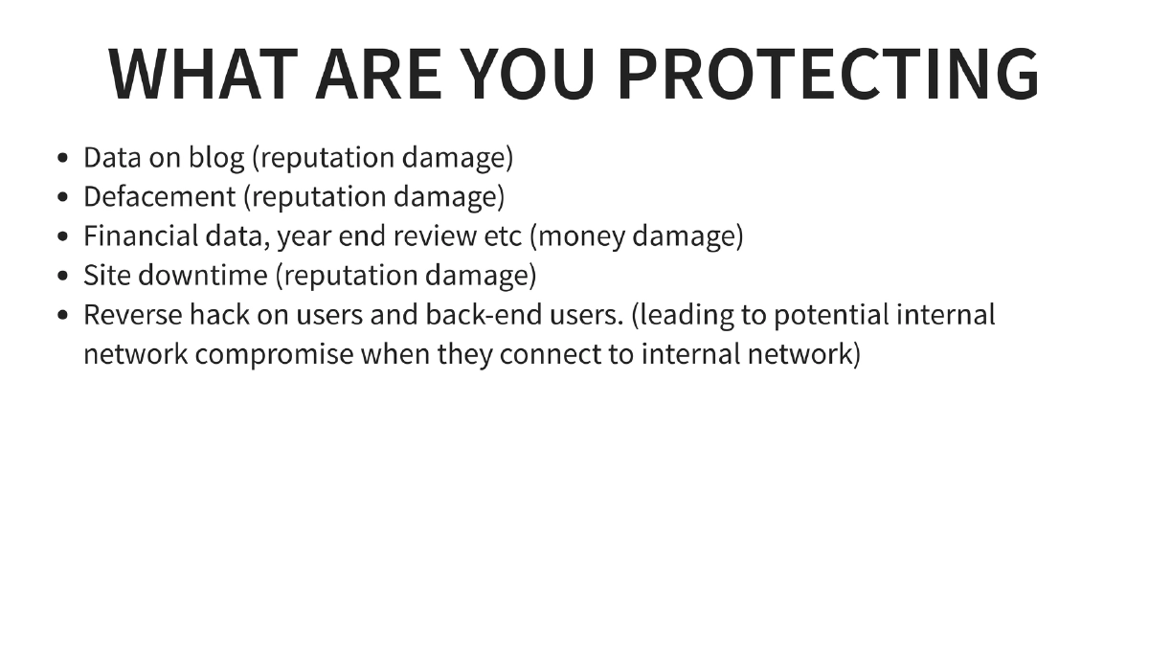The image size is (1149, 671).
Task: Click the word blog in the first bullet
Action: (216, 158)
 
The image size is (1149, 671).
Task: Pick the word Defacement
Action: (159, 197)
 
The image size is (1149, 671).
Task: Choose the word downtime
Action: (203, 276)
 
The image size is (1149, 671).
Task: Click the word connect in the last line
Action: (559, 354)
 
